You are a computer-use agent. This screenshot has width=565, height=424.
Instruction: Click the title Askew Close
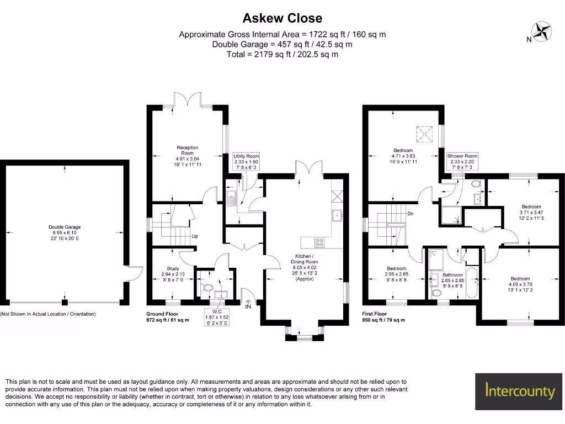click(282, 18)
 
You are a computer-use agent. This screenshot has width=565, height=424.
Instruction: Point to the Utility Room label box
click(246, 162)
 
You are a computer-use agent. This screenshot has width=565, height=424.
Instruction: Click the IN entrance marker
click(248, 305)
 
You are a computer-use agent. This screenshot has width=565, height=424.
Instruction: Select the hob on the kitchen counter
click(320, 242)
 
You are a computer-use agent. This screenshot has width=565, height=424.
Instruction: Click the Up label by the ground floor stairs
click(194, 237)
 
